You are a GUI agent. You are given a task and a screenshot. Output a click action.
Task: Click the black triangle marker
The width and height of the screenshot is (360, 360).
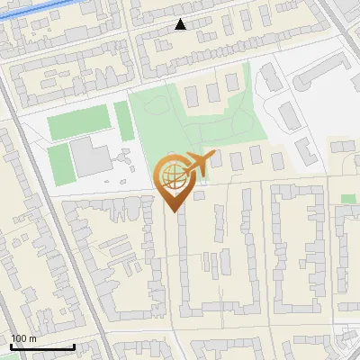pyautogui.click(x=181, y=24)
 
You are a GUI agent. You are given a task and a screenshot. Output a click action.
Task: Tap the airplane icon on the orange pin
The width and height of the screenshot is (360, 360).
pyautogui.click(x=198, y=164)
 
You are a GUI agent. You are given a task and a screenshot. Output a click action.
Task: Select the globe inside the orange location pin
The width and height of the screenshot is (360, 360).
pyautogui.click(x=170, y=175)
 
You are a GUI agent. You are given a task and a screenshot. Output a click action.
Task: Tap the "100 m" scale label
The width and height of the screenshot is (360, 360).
pyautogui.click(x=23, y=338)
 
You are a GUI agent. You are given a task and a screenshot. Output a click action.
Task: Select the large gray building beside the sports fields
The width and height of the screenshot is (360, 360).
pyautogui.click(x=92, y=157)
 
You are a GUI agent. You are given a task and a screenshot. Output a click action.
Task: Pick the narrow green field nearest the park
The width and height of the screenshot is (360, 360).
pyautogui.click(x=121, y=114)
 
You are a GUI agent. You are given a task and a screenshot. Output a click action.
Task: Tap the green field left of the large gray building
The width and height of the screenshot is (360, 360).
pyautogui.click(x=59, y=162)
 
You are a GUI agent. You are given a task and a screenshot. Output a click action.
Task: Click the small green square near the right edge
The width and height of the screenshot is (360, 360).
pyautogui.click(x=348, y=198)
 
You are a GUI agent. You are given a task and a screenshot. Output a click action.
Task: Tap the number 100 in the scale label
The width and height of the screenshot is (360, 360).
pyautogui.click(x=19, y=338)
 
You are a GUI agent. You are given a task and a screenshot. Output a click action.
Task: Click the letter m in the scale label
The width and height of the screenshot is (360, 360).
pyautogui.click(x=32, y=339)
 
